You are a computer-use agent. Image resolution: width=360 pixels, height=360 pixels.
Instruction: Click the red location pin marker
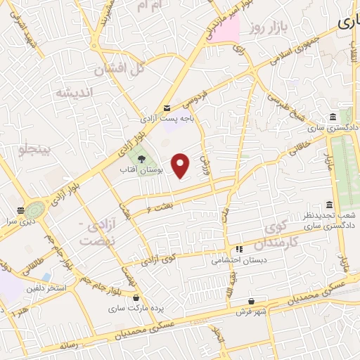[181, 165]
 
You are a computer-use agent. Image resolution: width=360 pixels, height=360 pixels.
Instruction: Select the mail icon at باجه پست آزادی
[167, 108]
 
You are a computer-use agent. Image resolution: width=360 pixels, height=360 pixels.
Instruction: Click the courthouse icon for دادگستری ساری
[332, 117]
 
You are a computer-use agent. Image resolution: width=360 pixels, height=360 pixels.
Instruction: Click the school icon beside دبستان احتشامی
[239, 248]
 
